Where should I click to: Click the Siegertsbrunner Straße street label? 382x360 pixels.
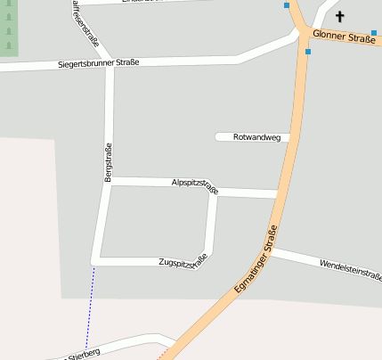98,63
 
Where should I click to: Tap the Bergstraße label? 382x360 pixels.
109,163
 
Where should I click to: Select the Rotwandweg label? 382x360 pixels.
256,137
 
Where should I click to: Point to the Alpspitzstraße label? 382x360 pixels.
195,184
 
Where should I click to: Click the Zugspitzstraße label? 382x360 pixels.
183,262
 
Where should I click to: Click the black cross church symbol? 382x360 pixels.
338,16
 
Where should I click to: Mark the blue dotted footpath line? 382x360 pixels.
89,307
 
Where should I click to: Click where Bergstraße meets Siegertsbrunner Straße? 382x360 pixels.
110,67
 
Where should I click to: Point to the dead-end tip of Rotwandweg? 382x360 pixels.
218,136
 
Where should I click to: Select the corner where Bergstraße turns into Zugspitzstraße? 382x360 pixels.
95,260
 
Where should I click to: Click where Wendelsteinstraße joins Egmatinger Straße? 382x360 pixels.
271,252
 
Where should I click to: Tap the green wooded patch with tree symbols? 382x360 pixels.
8,29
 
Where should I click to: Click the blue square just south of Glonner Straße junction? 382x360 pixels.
308,52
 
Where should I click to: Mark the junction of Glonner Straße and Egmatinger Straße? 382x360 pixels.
305,33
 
